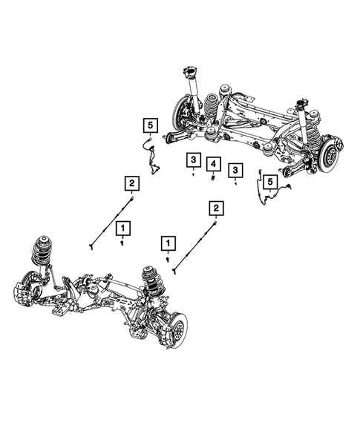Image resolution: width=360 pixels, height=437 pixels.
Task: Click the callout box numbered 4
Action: point(213,162)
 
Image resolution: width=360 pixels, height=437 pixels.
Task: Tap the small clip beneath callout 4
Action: point(213,177)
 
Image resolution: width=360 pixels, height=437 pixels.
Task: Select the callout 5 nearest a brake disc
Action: point(270,181)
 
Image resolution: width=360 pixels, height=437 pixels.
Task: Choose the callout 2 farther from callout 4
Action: point(131,183)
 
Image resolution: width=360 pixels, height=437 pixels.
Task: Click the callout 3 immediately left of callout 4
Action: point(192,160)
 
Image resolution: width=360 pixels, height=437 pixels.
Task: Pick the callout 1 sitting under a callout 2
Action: point(122,226)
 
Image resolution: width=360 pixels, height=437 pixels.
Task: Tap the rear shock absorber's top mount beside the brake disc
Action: point(302,102)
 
